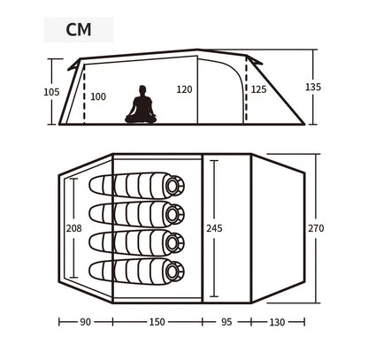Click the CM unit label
[79, 29]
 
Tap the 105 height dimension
[51, 92]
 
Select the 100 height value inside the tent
[98, 96]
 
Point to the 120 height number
[184, 89]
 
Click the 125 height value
[258, 89]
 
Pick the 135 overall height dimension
[313, 87]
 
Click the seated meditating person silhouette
[141, 104]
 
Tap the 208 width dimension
[74, 228]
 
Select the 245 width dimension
[214, 228]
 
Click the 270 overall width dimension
[316, 228]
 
